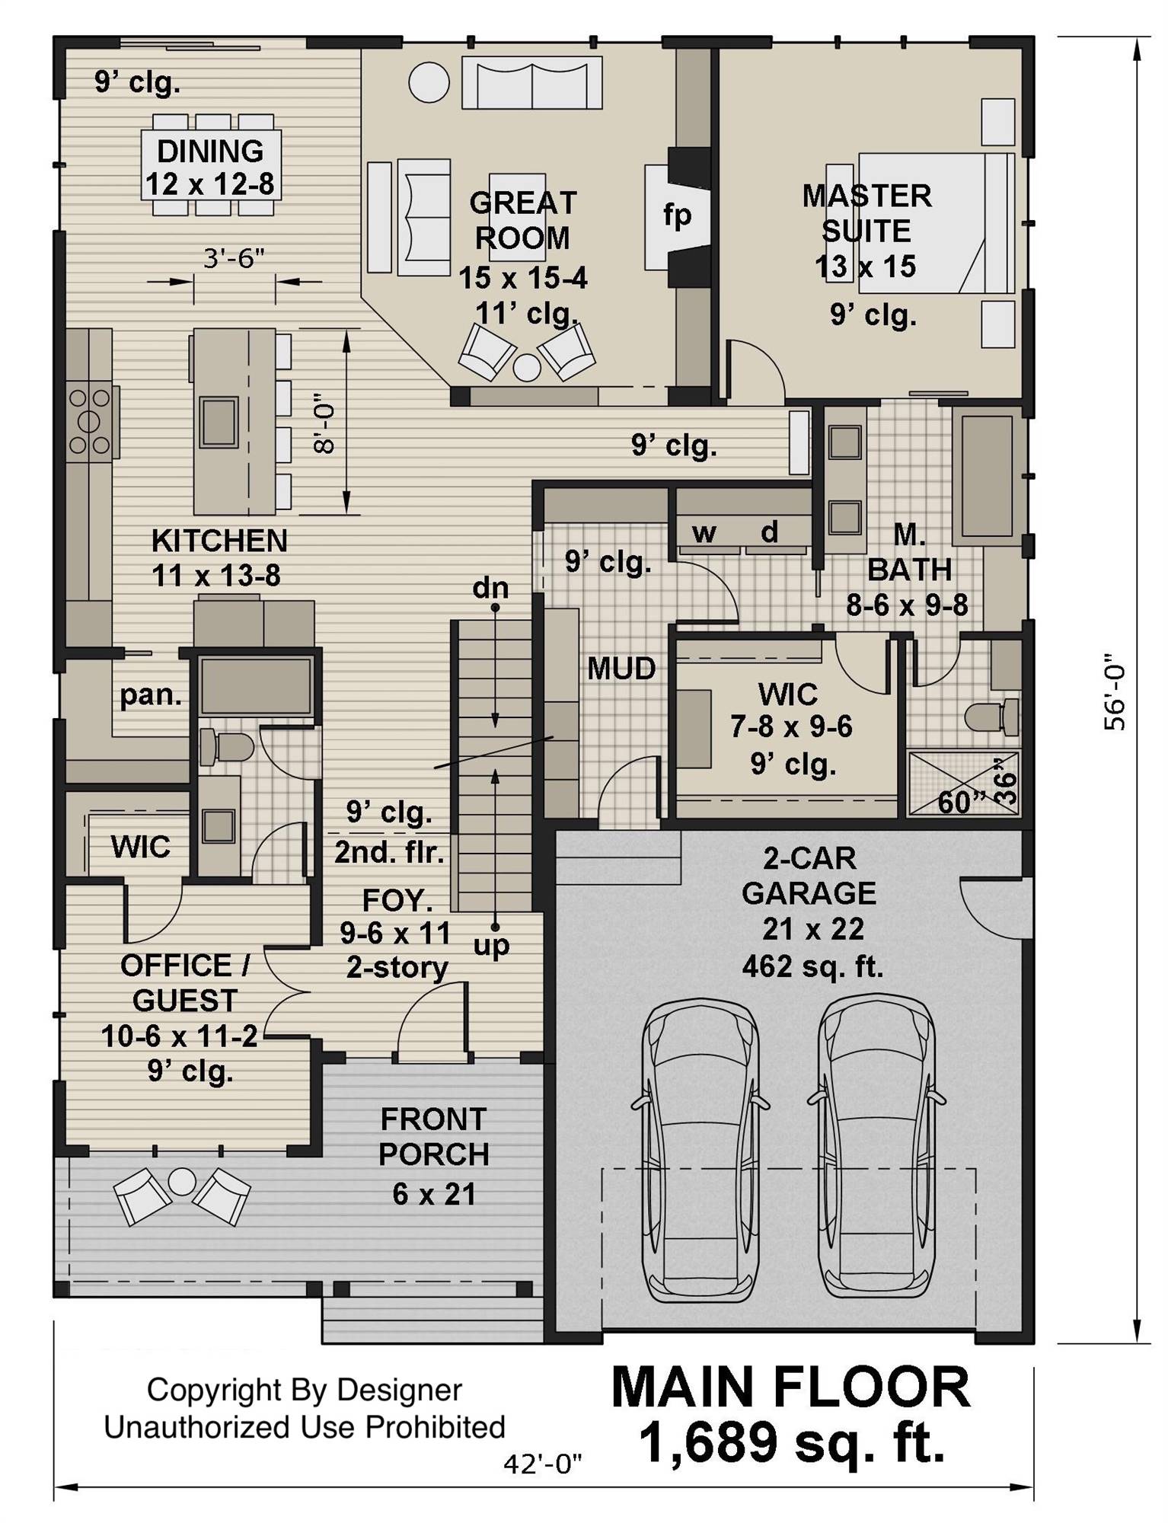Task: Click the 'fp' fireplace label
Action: coord(676,216)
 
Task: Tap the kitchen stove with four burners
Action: coord(90,421)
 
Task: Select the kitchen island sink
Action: coord(219,422)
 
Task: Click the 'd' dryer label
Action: coord(770,532)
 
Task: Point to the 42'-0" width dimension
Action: coord(543,1463)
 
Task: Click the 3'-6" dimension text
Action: coord(234,259)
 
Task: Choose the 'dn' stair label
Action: coord(490,588)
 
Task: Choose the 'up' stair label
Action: coord(492,946)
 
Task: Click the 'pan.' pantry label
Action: coord(151,694)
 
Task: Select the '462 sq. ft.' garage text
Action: coord(812,966)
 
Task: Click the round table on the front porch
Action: coord(182,1181)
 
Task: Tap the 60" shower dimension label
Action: coord(962,802)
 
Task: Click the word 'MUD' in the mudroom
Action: coord(621,669)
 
